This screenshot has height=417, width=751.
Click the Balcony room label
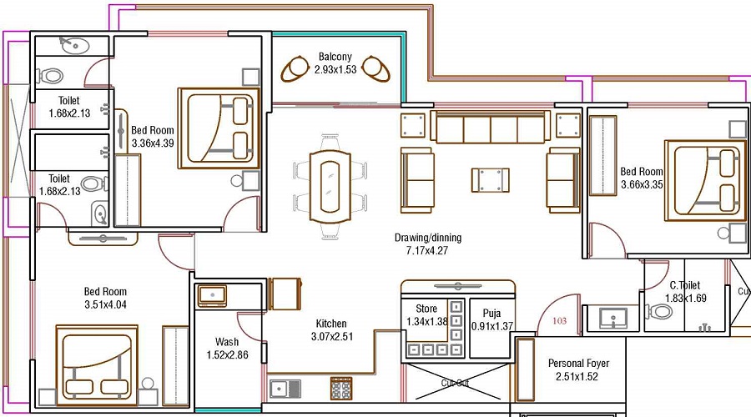(335, 57)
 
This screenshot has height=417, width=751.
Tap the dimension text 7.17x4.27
(428, 250)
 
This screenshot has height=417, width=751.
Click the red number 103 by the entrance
(559, 320)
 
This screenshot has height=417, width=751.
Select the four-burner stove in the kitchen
(341, 389)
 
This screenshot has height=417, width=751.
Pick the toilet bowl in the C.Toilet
(660, 312)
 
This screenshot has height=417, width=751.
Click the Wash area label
(227, 342)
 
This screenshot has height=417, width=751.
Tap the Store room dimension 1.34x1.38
(426, 321)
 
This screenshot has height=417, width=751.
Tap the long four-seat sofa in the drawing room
(491, 128)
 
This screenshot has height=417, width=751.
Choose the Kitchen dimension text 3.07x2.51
(331, 336)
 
